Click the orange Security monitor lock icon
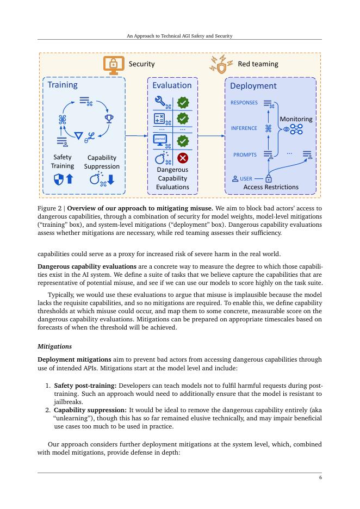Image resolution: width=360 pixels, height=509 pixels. pos(114,64)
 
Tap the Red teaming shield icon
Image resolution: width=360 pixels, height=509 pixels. pos(221,64)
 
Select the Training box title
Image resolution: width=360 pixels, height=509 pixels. pos(63,85)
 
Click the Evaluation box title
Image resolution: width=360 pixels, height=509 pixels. pos(172,85)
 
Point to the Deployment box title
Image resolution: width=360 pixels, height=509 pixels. pos(253,86)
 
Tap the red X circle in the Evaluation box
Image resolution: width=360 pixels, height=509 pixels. pos(183,158)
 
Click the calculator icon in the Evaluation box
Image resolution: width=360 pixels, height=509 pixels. pos(160,118)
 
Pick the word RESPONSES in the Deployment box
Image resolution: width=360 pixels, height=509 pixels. pos(244,103)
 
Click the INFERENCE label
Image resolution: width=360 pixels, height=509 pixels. pos(244,128)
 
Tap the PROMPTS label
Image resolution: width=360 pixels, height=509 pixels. pos(245,155)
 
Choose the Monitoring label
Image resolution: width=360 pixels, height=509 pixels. pos(296,119)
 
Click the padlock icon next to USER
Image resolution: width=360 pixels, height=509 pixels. pos(268,178)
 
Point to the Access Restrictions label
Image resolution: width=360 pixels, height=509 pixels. pos(271,187)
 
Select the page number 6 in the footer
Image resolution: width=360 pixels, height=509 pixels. pos(320,477)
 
